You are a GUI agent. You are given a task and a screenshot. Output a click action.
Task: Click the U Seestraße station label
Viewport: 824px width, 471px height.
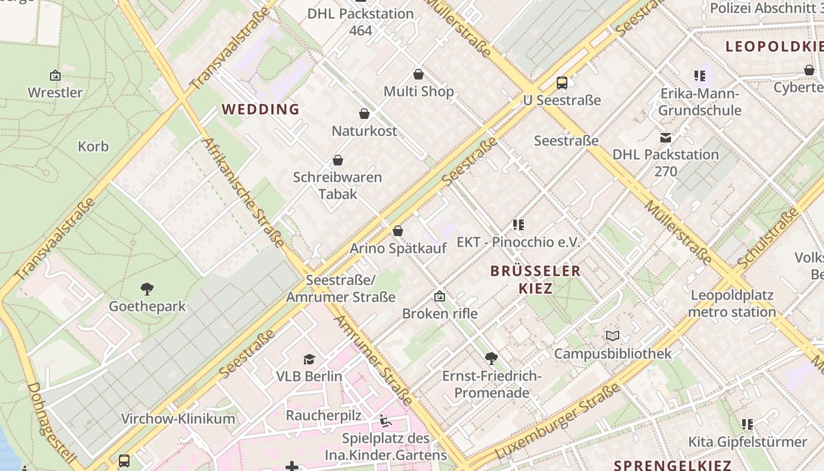tap(561, 100)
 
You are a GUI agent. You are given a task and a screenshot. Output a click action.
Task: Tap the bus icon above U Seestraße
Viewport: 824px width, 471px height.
tap(562, 83)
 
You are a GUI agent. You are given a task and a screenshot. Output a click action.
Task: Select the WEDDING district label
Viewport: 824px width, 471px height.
tap(261, 110)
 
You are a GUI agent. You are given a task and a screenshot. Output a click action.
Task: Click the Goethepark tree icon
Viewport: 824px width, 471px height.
tap(147, 289)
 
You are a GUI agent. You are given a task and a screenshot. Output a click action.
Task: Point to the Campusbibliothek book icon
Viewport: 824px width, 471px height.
tap(613, 336)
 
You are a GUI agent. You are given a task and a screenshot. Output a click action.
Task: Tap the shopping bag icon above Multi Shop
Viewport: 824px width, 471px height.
tap(418, 74)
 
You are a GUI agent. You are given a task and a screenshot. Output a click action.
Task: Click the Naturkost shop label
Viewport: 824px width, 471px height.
tap(364, 131)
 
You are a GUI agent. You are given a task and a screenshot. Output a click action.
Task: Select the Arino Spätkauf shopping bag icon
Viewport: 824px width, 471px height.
tap(398, 231)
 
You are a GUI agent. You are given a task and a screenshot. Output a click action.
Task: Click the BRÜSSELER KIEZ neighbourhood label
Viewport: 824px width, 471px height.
tap(536, 279)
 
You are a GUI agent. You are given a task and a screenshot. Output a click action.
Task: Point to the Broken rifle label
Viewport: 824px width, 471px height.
tap(440, 314)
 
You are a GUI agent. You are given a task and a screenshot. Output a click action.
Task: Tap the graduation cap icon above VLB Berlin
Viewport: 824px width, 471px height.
tap(309, 359)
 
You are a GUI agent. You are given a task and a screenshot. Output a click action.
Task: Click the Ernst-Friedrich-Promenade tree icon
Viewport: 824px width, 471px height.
tap(491, 358)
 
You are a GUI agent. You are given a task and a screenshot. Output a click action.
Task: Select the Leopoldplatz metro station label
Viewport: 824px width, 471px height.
tap(732, 303)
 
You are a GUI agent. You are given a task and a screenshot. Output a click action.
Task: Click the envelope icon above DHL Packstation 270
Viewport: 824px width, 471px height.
tap(666, 138)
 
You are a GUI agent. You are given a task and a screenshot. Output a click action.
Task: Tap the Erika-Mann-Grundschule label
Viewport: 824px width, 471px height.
tap(699, 102)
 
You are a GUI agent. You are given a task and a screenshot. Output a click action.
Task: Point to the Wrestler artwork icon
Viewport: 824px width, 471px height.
tap(55, 75)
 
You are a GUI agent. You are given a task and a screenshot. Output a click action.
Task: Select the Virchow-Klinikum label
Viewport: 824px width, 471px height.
tap(178, 419)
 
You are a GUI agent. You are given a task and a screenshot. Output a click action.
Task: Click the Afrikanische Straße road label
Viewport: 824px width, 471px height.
tap(242, 193)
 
